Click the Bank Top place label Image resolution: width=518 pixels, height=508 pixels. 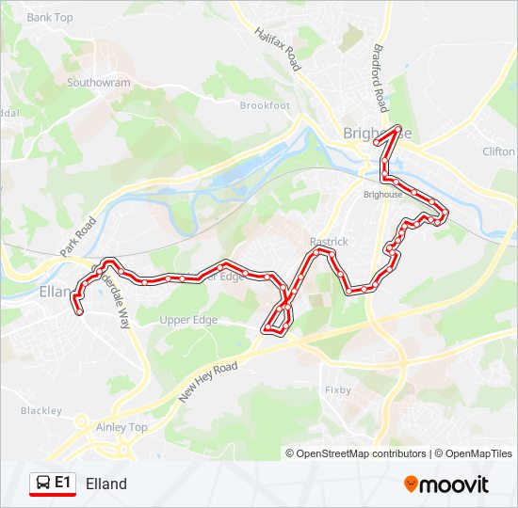pyautogui.click(x=50, y=17)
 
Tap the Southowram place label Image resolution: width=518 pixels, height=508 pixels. pyautogui.click(x=99, y=83)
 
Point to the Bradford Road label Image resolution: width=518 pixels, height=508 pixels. pyautogui.click(x=380, y=77)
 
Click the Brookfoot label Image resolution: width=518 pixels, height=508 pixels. pyautogui.click(x=265, y=105)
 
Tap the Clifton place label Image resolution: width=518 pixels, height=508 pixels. pyautogui.click(x=498, y=151)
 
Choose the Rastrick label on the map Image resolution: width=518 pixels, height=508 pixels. pyautogui.click(x=329, y=242)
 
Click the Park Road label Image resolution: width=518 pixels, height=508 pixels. pyautogui.click(x=78, y=238)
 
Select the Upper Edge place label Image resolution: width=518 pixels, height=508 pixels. pyautogui.click(x=188, y=320)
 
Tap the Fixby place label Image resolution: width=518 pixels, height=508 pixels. pyautogui.click(x=338, y=389)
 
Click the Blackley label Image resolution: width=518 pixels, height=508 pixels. pyautogui.click(x=40, y=411)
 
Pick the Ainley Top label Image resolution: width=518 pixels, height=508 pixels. pyautogui.click(x=122, y=427)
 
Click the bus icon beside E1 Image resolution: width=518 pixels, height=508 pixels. pyautogui.click(x=42, y=484)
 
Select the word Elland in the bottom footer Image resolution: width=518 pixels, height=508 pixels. pyautogui.click(x=105, y=484)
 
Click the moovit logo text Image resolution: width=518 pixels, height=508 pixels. pyautogui.click(x=455, y=484)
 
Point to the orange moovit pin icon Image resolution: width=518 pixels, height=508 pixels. pyautogui.click(x=412, y=484)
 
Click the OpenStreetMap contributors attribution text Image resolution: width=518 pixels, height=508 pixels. pyautogui.click(x=361, y=453)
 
